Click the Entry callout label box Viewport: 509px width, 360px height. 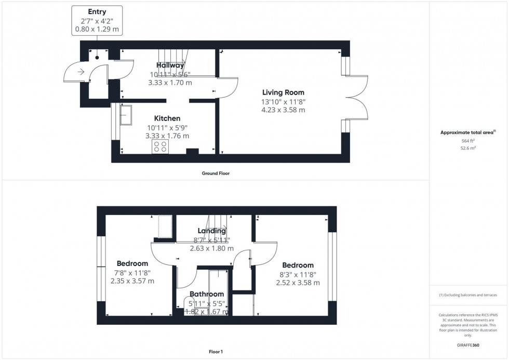(x=97, y=21)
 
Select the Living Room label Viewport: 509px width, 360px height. (x=283, y=92)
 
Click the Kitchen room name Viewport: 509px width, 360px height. (x=167, y=118)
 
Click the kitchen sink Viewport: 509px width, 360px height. (x=126, y=114)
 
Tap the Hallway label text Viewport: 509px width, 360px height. (x=170, y=65)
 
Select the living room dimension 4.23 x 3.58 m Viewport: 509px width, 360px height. (x=283, y=110)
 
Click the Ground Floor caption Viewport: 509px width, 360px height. (x=216, y=174)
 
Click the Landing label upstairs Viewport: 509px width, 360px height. (x=211, y=231)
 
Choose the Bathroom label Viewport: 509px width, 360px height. (x=207, y=294)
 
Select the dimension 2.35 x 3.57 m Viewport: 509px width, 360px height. (x=132, y=281)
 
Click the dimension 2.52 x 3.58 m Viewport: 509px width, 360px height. (x=298, y=283)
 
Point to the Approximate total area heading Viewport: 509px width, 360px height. (x=468, y=132)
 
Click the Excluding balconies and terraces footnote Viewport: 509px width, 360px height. (x=468, y=295)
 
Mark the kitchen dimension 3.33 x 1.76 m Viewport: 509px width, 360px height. (x=167, y=136)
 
